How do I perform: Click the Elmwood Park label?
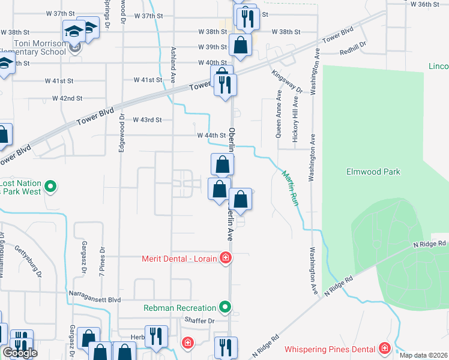(x=373, y=172)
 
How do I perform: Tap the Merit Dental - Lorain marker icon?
(x=226, y=259)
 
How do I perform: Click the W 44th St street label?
(x=211, y=136)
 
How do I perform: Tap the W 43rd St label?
(x=147, y=120)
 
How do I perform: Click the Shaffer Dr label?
(x=200, y=321)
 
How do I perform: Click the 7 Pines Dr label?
(x=103, y=260)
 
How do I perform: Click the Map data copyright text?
(x=423, y=355)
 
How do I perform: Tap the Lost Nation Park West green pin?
(x=51, y=187)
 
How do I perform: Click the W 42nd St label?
(x=67, y=98)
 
